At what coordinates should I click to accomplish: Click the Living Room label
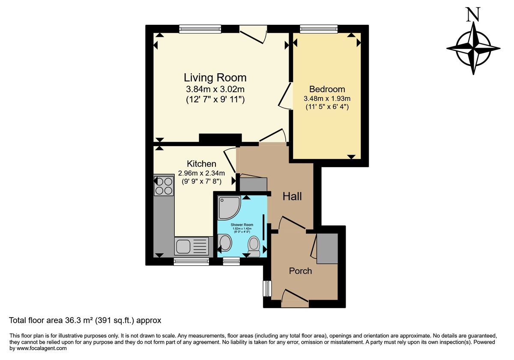(215, 78)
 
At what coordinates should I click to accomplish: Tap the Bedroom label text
(327, 89)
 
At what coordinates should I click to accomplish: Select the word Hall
(292, 196)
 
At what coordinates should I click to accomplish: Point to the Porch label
(300, 271)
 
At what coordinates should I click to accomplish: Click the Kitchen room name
(201, 164)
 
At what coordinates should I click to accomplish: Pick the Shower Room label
(242, 225)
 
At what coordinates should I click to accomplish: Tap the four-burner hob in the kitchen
(164, 186)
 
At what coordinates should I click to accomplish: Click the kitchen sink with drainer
(191, 246)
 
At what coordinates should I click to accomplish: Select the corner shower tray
(229, 207)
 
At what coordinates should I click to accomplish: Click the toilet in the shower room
(254, 246)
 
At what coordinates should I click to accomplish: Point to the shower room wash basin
(225, 242)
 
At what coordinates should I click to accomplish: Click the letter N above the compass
(473, 15)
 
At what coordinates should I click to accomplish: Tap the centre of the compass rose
(473, 49)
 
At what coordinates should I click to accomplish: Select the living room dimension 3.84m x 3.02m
(215, 89)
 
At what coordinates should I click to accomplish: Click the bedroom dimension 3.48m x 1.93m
(327, 99)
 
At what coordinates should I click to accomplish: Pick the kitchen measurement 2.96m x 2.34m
(201, 173)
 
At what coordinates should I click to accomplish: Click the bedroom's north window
(319, 29)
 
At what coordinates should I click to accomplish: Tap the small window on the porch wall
(267, 288)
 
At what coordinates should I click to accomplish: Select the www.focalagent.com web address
(42, 348)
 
